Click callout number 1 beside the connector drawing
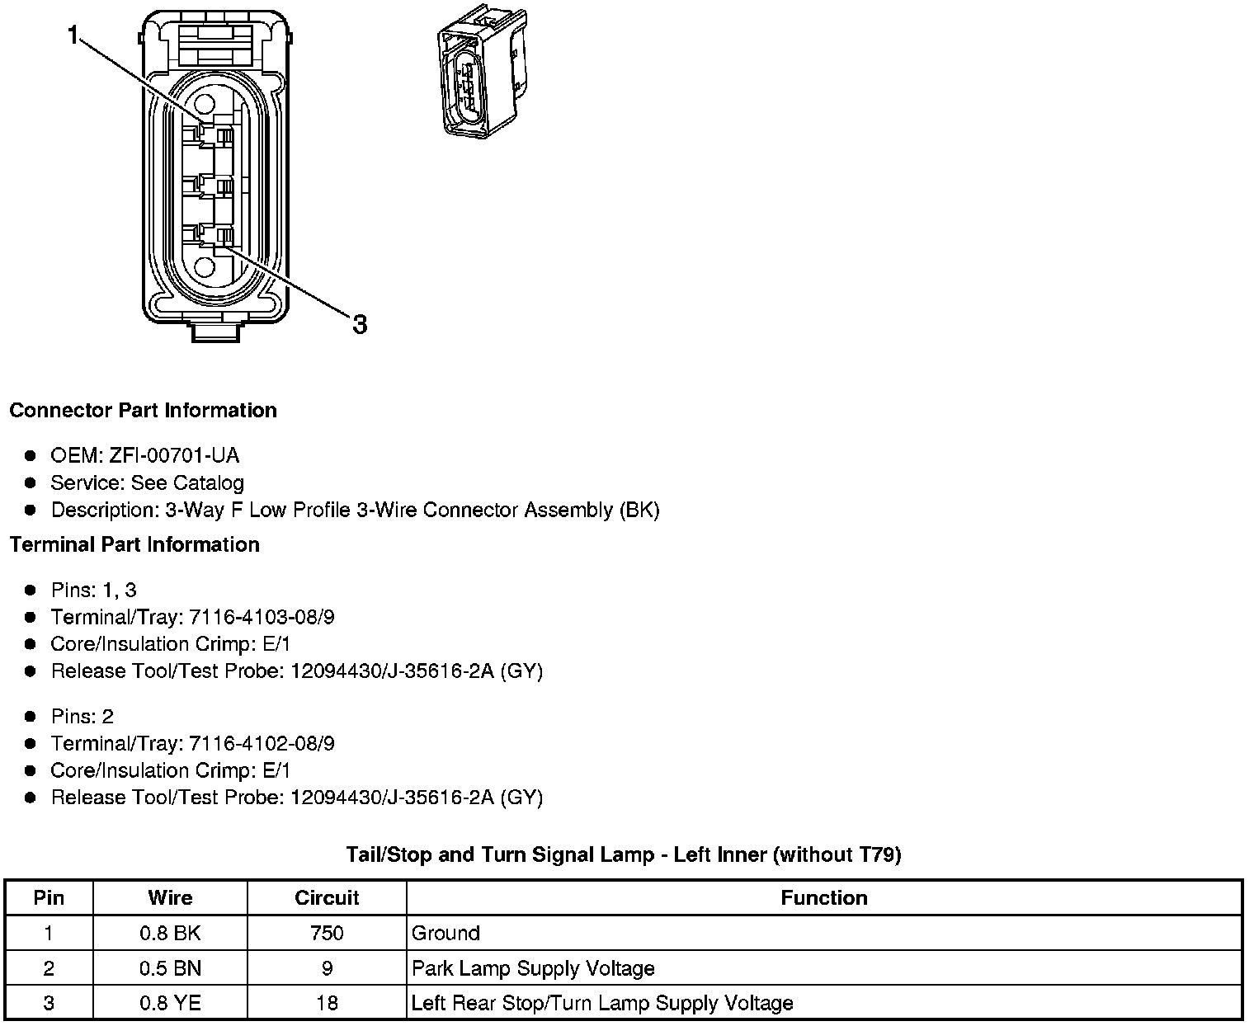(x=74, y=35)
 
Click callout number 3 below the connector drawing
(x=360, y=324)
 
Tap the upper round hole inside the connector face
(x=204, y=105)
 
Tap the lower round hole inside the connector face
(x=204, y=266)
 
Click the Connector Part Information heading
(x=143, y=411)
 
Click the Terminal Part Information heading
(x=134, y=545)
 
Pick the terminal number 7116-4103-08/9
(x=262, y=618)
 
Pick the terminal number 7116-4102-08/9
(x=262, y=744)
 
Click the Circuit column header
(x=327, y=898)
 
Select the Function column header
(x=823, y=898)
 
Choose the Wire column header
(x=170, y=898)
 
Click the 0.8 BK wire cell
(x=170, y=934)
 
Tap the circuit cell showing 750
(x=327, y=934)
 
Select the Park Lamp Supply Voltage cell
(x=533, y=968)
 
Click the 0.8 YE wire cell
(x=170, y=1004)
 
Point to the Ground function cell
(x=445, y=934)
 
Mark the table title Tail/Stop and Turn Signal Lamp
(x=623, y=855)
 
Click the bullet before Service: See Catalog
(x=31, y=483)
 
